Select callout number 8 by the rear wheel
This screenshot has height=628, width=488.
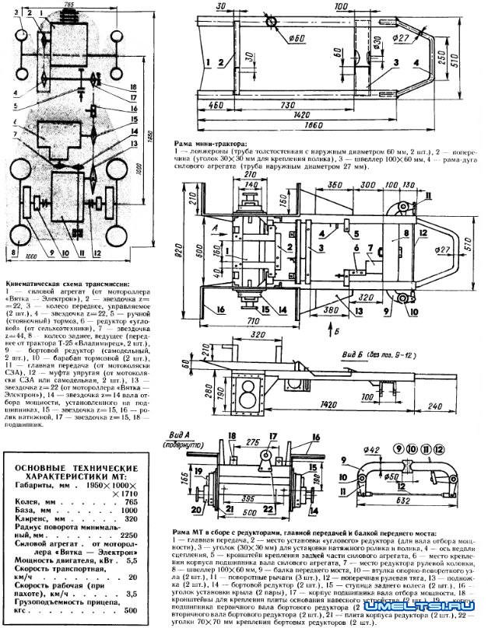click(x=15, y=253)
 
